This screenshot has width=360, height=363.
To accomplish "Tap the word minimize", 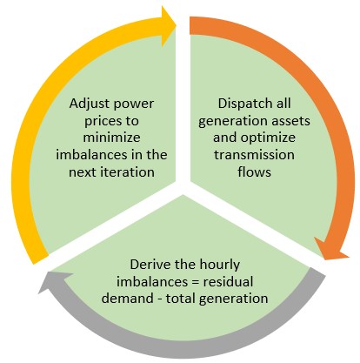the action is point(111,138).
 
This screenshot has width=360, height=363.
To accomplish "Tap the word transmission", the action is point(254,155).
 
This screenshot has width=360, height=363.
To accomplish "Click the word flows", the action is point(254,171).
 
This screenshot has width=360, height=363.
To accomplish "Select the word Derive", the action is point(149,265).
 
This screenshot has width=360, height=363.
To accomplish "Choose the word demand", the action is point(128,299).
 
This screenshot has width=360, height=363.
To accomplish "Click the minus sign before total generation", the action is point(160,299).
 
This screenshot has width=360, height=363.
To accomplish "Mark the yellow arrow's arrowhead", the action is point(169,26).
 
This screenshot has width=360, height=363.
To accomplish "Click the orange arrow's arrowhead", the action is point(331,249).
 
